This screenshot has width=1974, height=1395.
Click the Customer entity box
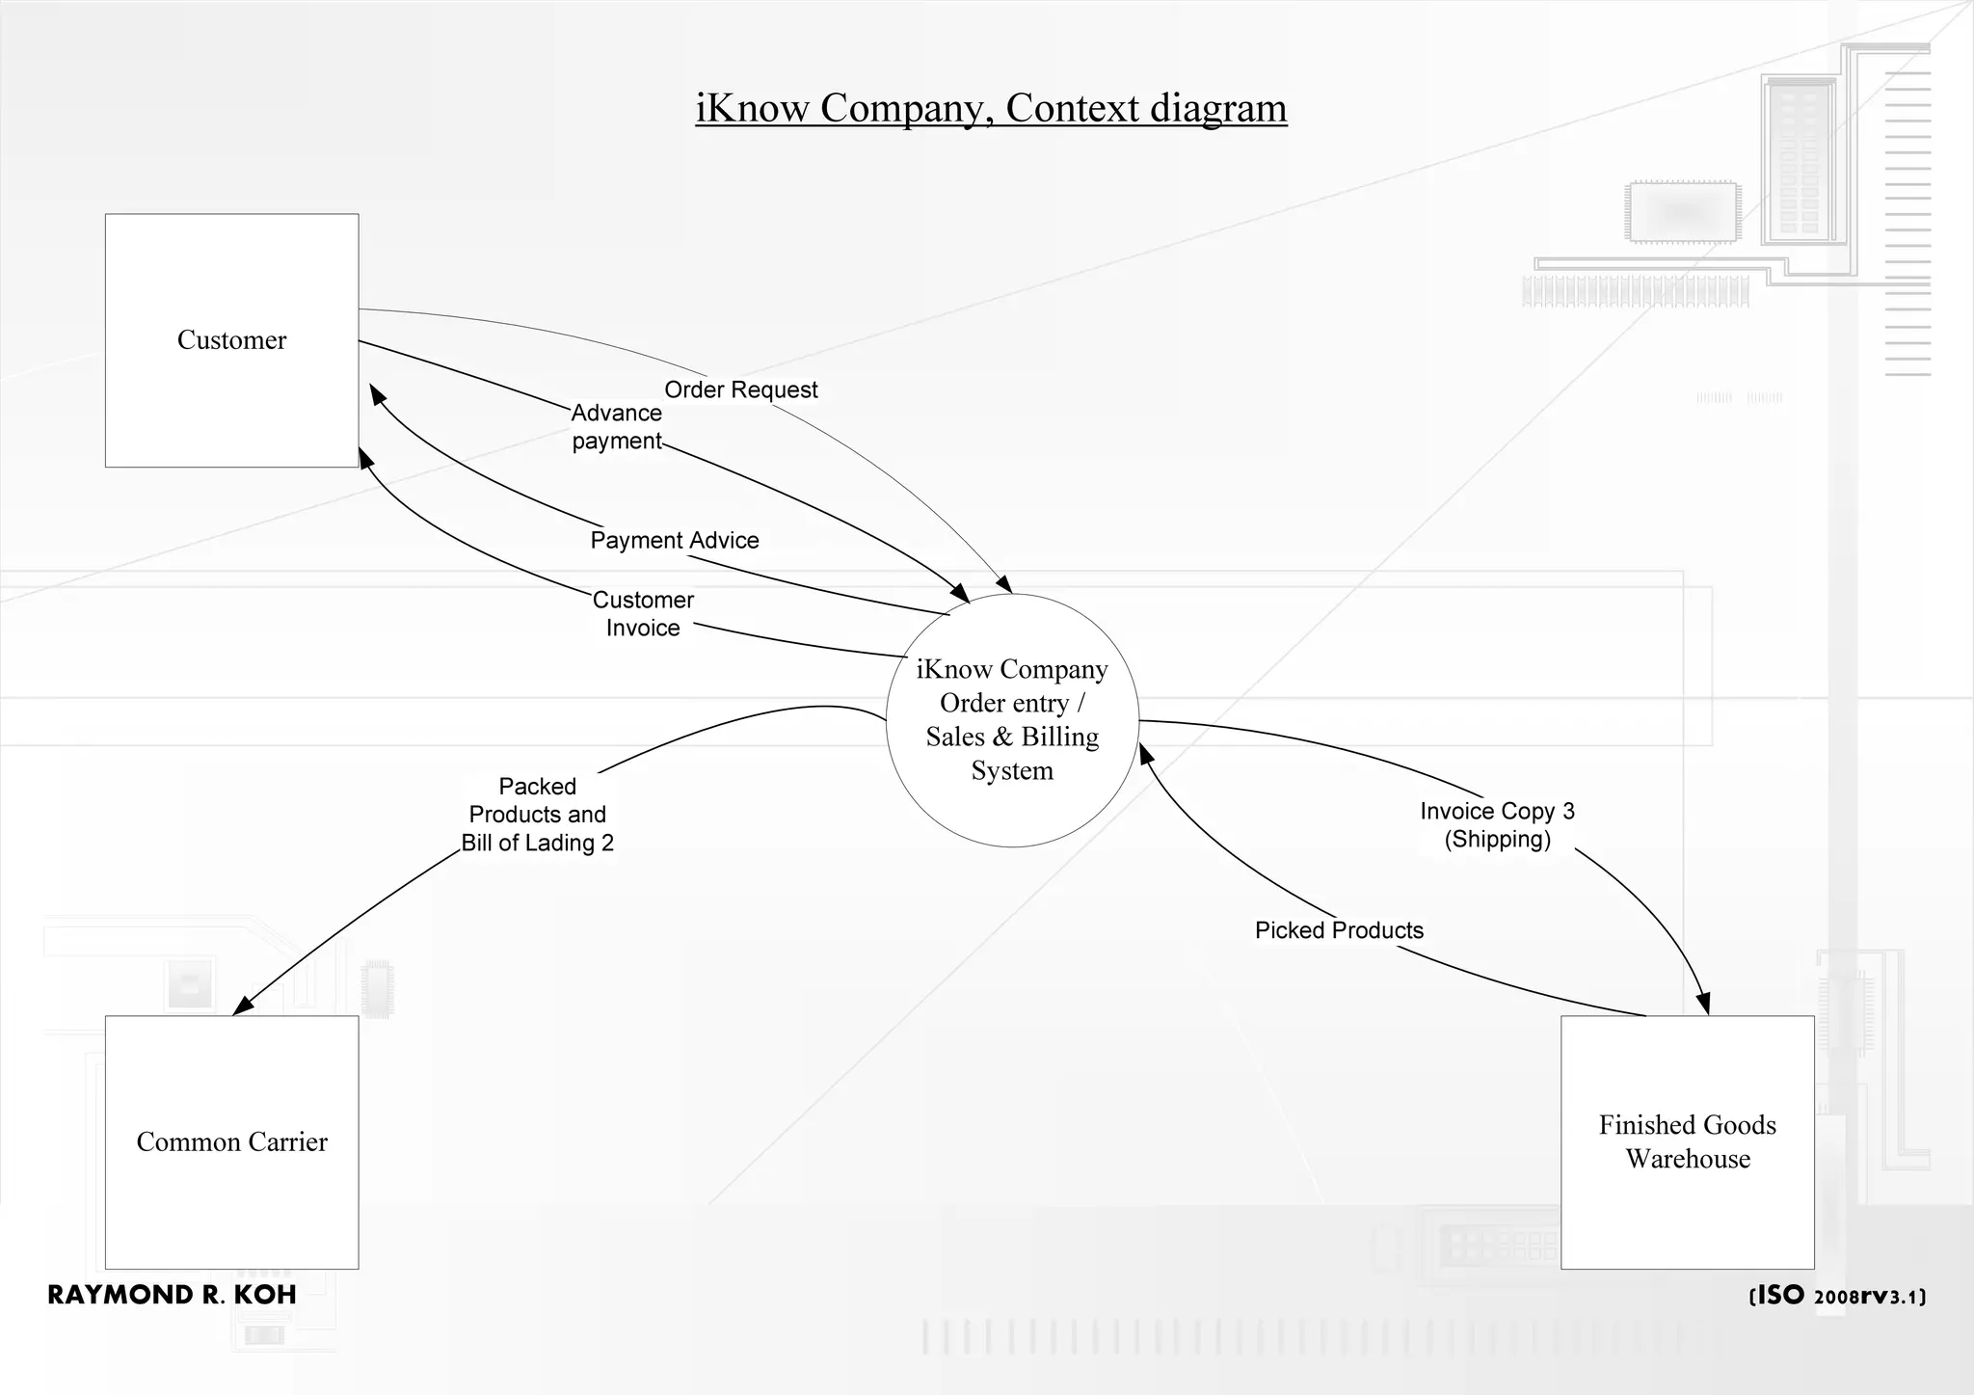tap(231, 340)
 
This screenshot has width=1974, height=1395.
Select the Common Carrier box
tap(231, 1142)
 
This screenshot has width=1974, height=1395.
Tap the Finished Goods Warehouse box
tap(1687, 1142)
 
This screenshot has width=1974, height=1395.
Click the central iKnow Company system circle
tap(1012, 720)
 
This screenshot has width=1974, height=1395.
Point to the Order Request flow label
tap(740, 389)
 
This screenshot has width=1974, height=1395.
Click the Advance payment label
tap(617, 427)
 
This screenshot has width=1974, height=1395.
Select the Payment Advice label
tap(675, 540)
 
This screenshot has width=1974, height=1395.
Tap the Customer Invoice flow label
tap(643, 614)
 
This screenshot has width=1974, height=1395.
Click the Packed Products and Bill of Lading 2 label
tap(537, 815)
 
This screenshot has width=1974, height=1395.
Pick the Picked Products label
tap(1339, 930)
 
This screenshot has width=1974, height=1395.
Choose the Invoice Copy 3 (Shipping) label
tap(1497, 825)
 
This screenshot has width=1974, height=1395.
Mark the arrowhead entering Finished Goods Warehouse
tap(1704, 1004)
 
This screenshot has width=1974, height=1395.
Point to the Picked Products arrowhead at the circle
tap(1146, 754)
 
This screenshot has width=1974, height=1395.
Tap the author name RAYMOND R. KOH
tap(172, 1295)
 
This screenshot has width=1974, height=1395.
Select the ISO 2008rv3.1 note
tap(1837, 1296)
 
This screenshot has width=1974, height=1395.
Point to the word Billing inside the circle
tap(1059, 737)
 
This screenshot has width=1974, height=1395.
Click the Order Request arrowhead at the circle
tap(1005, 585)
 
